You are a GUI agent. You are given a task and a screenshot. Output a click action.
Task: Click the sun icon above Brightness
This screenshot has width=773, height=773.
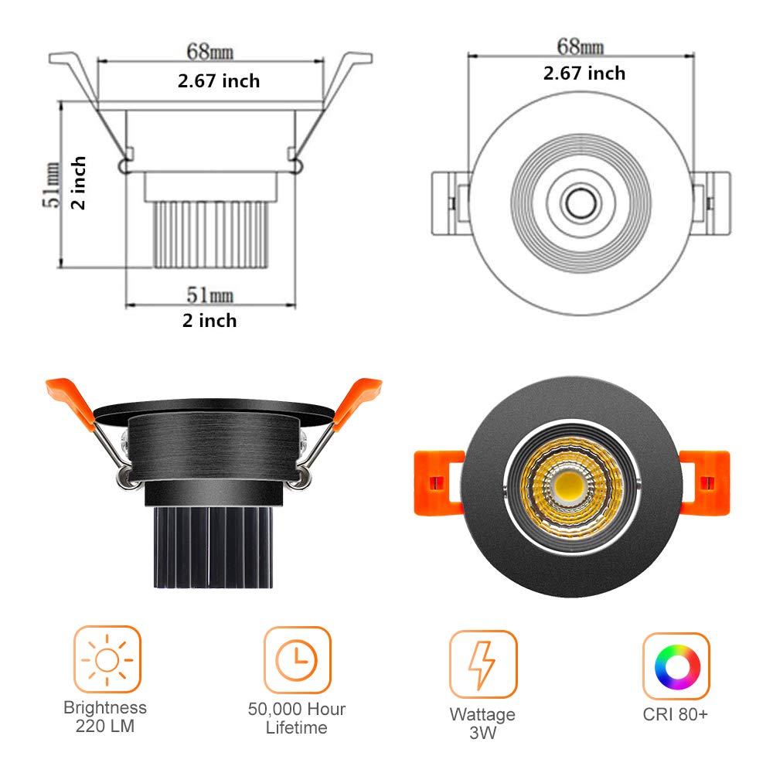(107, 659)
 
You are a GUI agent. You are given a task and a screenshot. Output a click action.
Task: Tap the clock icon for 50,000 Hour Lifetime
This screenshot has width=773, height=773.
(297, 659)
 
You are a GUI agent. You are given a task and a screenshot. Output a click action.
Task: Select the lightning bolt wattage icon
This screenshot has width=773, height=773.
(482, 664)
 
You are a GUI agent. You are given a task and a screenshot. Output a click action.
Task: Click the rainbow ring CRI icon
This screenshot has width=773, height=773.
(676, 665)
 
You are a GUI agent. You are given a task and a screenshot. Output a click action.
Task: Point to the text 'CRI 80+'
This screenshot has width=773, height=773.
(675, 714)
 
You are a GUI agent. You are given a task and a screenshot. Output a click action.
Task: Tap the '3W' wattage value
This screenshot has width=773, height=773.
(482, 733)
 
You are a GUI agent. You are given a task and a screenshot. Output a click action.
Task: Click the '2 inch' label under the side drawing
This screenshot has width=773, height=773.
(209, 320)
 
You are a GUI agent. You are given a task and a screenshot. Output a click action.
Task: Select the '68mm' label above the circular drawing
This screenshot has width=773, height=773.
(581, 46)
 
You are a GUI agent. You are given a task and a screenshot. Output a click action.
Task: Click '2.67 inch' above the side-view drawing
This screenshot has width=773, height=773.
(219, 80)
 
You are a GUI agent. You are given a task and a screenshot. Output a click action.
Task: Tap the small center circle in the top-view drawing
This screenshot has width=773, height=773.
(578, 203)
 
